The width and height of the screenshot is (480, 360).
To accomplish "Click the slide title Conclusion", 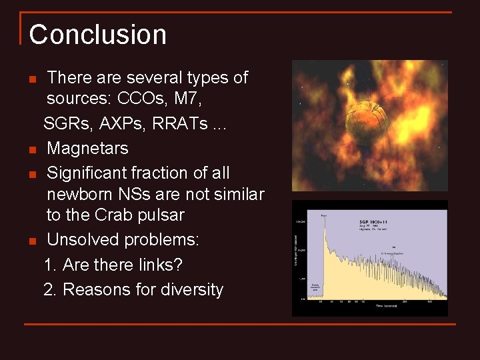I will pos(97,35).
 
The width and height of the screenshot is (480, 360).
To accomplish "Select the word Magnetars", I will pos(87,148).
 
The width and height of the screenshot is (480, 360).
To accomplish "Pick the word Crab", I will pos(129,215).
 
